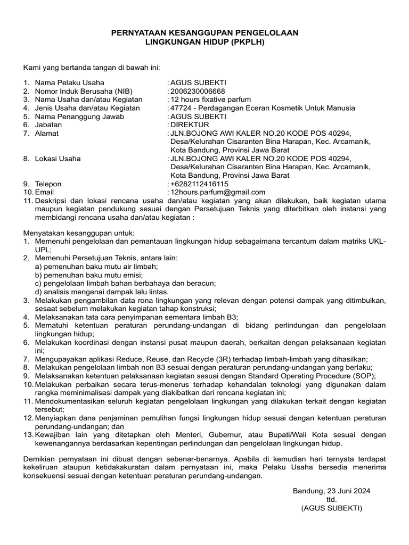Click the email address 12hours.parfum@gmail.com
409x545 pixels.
point(217,192)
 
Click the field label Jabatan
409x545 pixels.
point(48,125)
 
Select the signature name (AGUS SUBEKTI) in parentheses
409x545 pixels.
point(331,508)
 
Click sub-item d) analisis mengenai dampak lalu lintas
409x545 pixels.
point(102,292)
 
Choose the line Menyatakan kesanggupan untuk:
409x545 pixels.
point(79,233)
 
